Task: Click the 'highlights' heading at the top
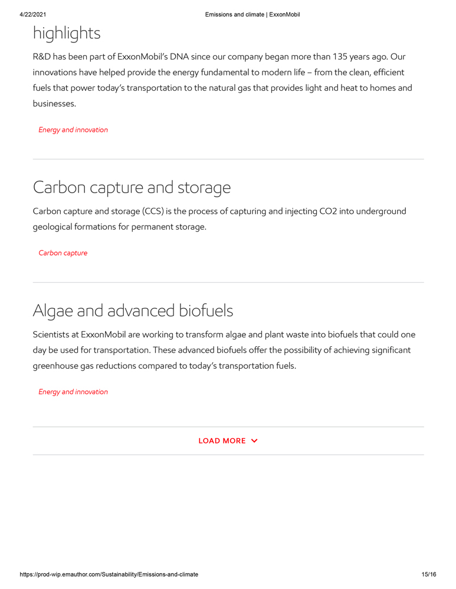tap(67, 34)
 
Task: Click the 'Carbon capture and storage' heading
tap(132, 187)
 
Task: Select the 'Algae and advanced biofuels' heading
tap(133, 310)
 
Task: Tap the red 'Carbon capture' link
tap(63, 253)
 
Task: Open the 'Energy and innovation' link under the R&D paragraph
tap(73, 130)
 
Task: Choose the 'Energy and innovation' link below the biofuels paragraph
tap(73, 392)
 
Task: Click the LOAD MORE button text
tap(222, 441)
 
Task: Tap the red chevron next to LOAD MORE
tap(254, 441)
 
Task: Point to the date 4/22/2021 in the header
tap(34, 14)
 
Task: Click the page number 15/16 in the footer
tap(429, 574)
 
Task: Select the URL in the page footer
tap(109, 574)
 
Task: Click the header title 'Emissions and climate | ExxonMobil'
tap(252, 14)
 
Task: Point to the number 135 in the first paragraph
tap(342, 57)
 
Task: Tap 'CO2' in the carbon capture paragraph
tap(328, 211)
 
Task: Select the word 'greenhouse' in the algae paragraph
tap(57, 365)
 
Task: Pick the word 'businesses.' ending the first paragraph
tap(54, 104)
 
